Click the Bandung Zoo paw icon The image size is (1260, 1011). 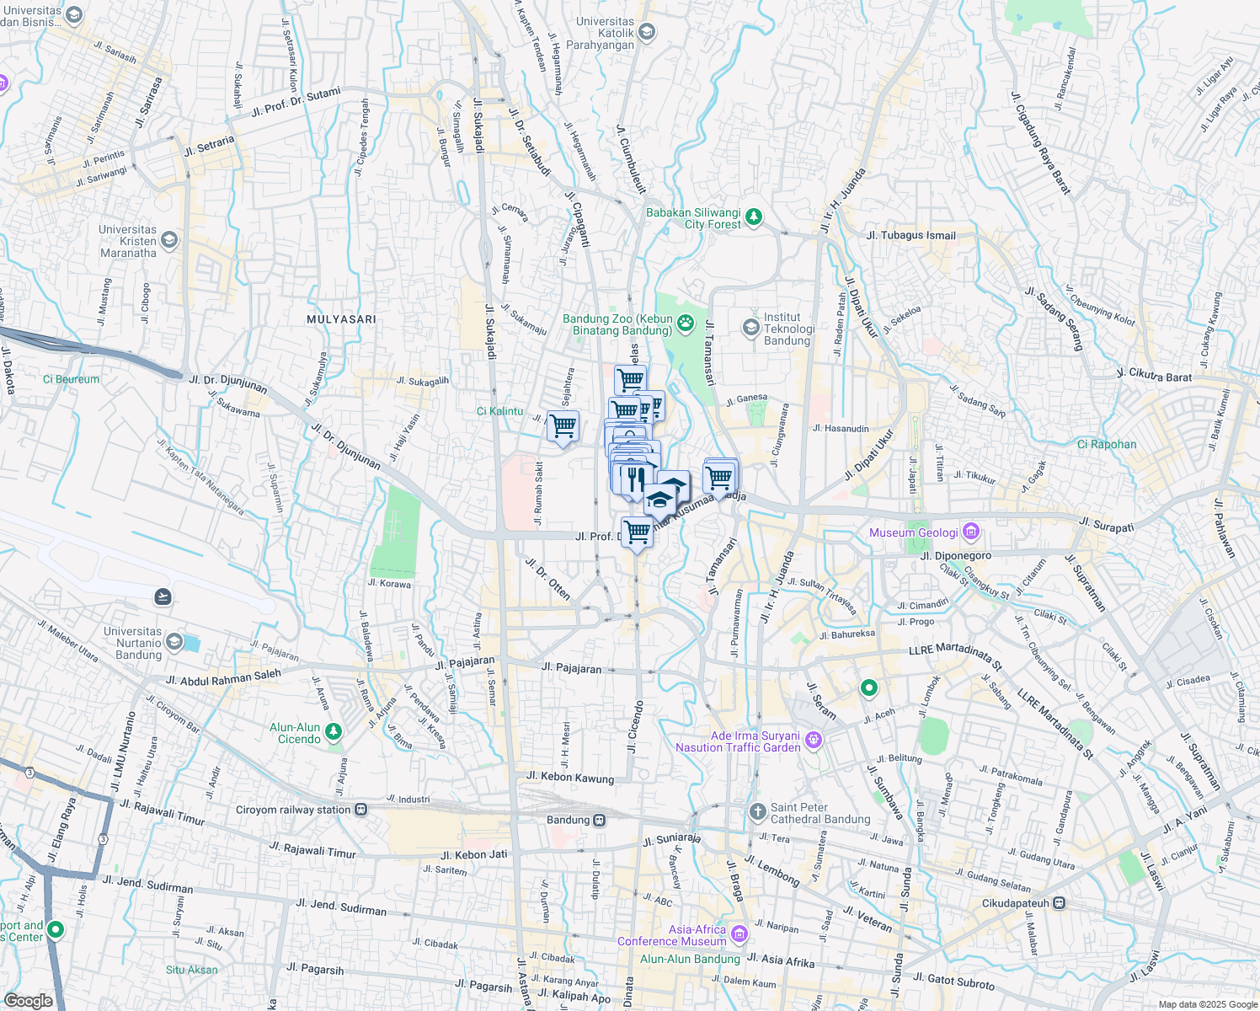pyautogui.click(x=686, y=322)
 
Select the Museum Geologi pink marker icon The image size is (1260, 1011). pyautogui.click(x=971, y=532)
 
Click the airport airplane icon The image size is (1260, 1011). pyautogui.click(x=163, y=597)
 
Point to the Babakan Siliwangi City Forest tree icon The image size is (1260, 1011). pyautogui.click(x=754, y=217)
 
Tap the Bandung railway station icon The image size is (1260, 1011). pyautogui.click(x=599, y=820)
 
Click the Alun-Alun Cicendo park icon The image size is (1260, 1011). pyautogui.click(x=334, y=731)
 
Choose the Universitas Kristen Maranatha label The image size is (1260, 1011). pyautogui.click(x=128, y=241)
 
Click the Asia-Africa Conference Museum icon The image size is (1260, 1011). pyautogui.click(x=739, y=933)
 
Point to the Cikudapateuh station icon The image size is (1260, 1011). pyautogui.click(x=1059, y=903)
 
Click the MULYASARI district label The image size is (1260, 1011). pyautogui.click(x=341, y=319)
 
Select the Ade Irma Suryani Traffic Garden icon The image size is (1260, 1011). pyautogui.click(x=813, y=741)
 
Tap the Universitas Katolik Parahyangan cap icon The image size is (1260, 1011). pyautogui.click(x=647, y=33)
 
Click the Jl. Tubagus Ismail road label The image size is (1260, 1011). pyautogui.click(x=910, y=235)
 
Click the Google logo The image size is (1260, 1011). pyautogui.click(x=28, y=1000)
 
